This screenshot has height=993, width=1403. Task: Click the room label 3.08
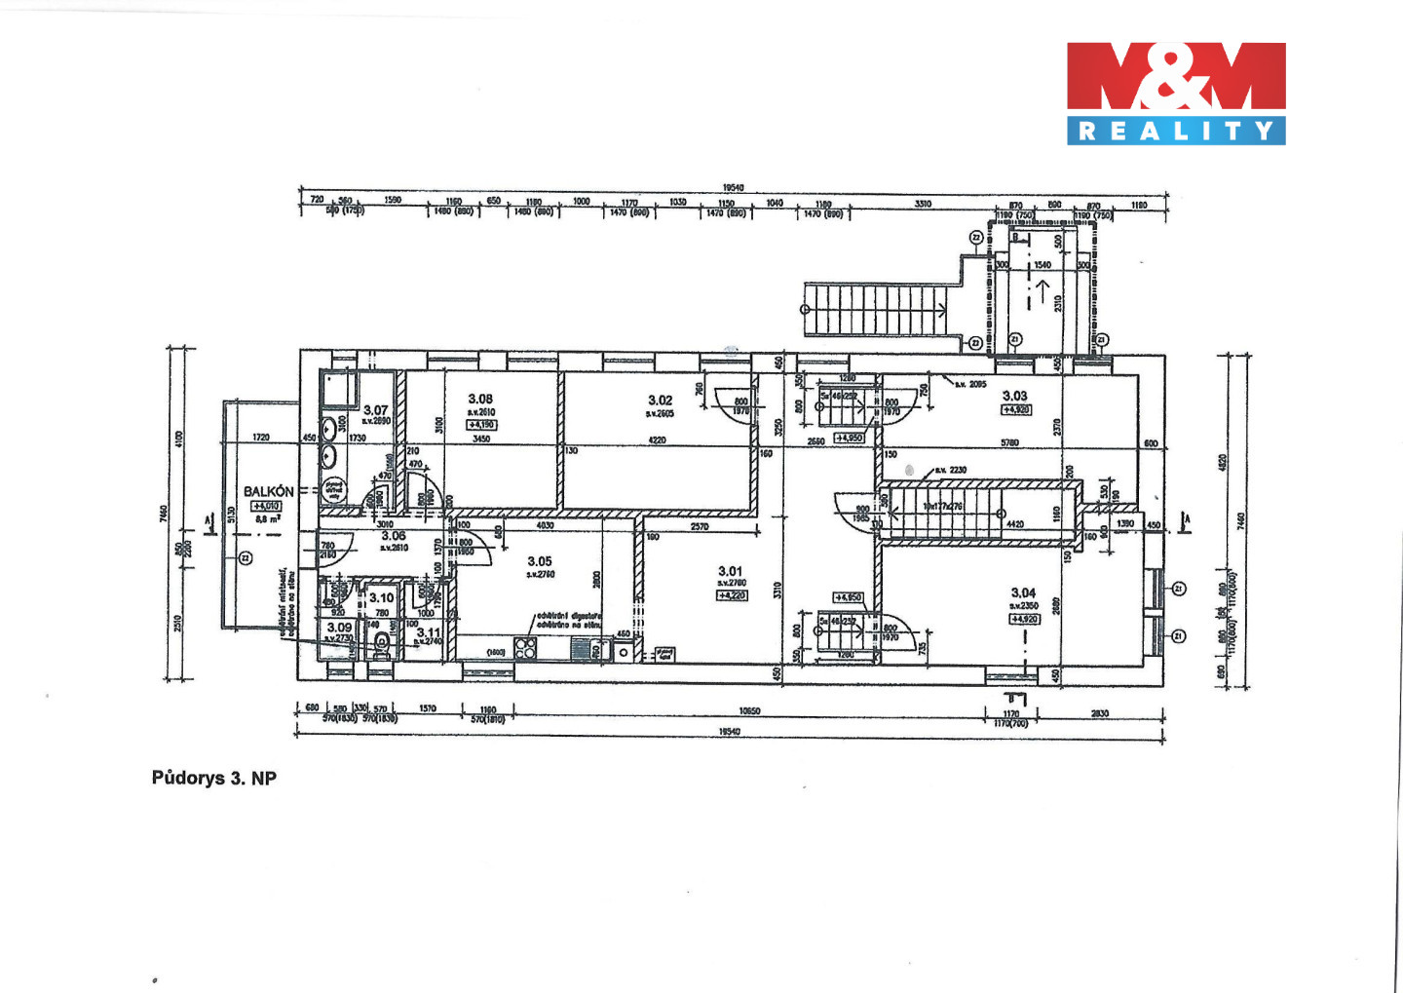click(480, 399)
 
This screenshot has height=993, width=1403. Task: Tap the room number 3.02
click(660, 400)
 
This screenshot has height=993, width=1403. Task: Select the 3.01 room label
click(730, 571)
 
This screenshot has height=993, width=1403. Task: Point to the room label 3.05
click(540, 561)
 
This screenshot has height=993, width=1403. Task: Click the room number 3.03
click(1014, 396)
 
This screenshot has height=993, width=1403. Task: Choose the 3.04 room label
click(1023, 592)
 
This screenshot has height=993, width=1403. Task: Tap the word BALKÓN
click(268, 491)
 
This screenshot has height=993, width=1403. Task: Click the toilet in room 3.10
click(380, 642)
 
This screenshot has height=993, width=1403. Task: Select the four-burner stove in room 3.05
click(525, 648)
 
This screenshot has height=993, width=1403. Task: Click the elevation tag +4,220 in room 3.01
click(731, 594)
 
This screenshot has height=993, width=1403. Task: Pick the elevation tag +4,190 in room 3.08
click(482, 425)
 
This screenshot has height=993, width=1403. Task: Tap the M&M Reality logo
click(1176, 93)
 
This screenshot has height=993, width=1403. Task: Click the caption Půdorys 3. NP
click(214, 778)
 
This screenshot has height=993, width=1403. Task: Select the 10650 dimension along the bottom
click(748, 711)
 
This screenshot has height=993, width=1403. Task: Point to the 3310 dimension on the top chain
click(922, 204)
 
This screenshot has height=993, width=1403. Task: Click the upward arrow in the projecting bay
click(1043, 287)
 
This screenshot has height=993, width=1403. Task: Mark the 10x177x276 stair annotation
click(942, 506)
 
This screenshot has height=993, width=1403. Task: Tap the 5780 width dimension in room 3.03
click(1009, 443)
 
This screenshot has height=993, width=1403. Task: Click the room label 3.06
click(394, 536)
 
